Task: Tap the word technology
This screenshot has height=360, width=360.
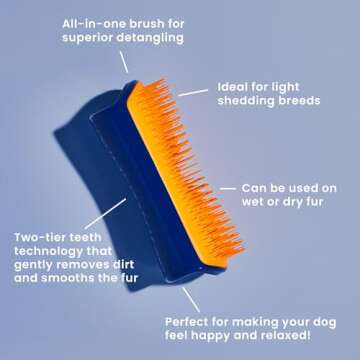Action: pos(56,253)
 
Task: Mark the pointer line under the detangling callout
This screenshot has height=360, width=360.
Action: pos(124,61)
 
